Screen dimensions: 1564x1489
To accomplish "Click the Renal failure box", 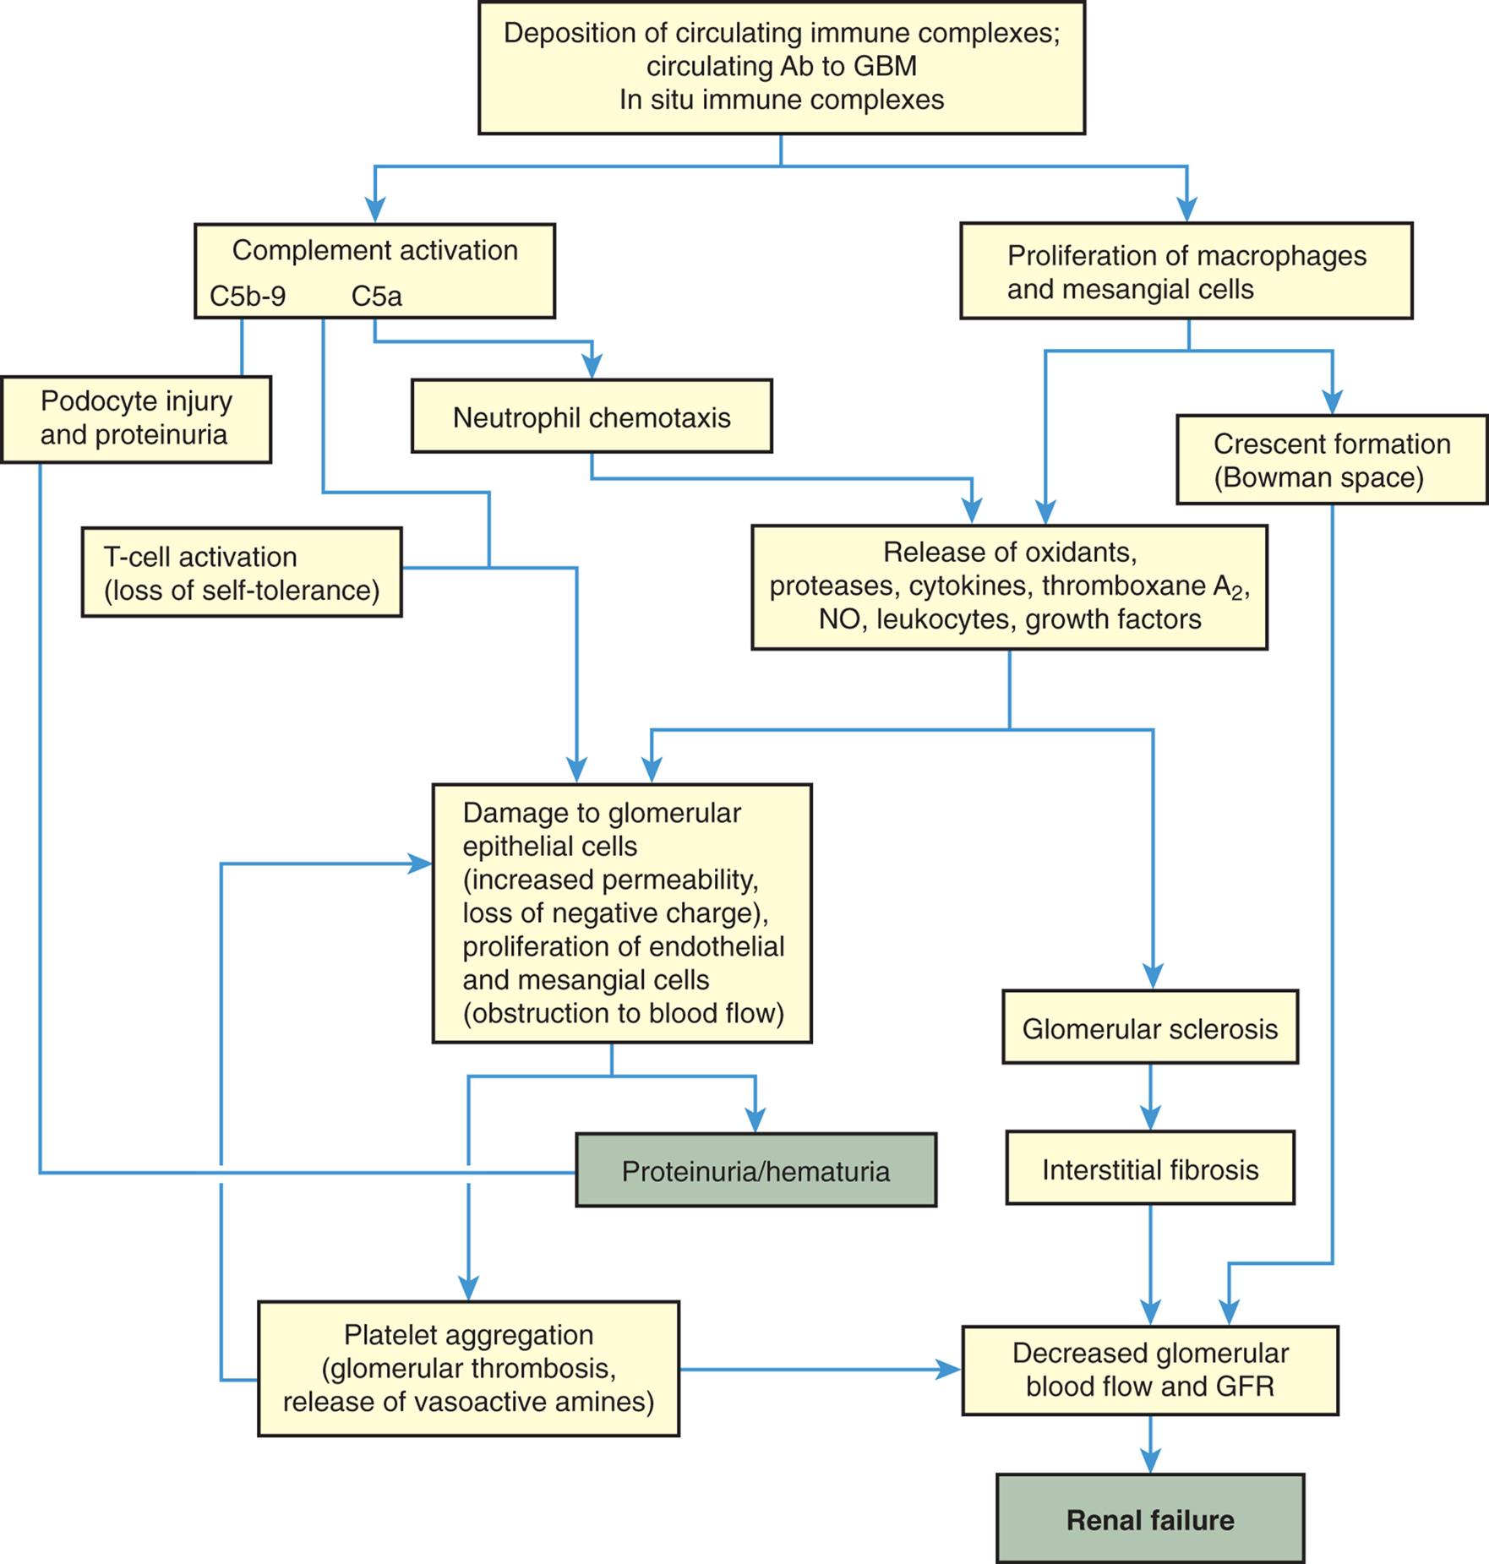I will [x=1149, y=1519].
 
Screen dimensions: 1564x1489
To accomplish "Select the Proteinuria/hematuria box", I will [x=755, y=1170].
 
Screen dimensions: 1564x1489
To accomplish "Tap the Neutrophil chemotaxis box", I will [x=592, y=417].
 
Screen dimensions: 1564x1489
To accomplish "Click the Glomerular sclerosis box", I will [x=1149, y=1027].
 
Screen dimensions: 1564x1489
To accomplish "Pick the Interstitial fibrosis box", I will [x=1149, y=1169].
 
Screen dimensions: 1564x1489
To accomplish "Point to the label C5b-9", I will [x=248, y=297].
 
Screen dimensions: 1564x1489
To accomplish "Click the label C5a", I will [x=376, y=297].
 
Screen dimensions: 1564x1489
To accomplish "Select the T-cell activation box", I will [x=242, y=572].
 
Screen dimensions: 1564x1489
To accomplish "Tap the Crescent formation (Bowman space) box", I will [x=1331, y=460].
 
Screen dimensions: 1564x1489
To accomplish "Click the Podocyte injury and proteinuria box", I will [x=135, y=418].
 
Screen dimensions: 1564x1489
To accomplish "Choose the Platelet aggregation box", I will [x=468, y=1368].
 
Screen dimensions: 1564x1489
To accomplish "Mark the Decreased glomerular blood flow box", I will [x=1149, y=1370].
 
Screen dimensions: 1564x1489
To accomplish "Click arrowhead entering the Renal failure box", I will [x=1150, y=1460].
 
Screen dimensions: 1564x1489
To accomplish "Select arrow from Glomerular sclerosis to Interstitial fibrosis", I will [x=1150, y=1097].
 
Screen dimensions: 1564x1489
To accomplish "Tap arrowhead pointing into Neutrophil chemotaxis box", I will [x=592, y=366].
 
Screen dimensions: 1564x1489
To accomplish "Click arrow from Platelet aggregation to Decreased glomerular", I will [x=820, y=1369].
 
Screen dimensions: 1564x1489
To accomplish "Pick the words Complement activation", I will [x=374, y=250].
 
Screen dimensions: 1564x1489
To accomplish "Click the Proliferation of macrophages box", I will [x=1186, y=271].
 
